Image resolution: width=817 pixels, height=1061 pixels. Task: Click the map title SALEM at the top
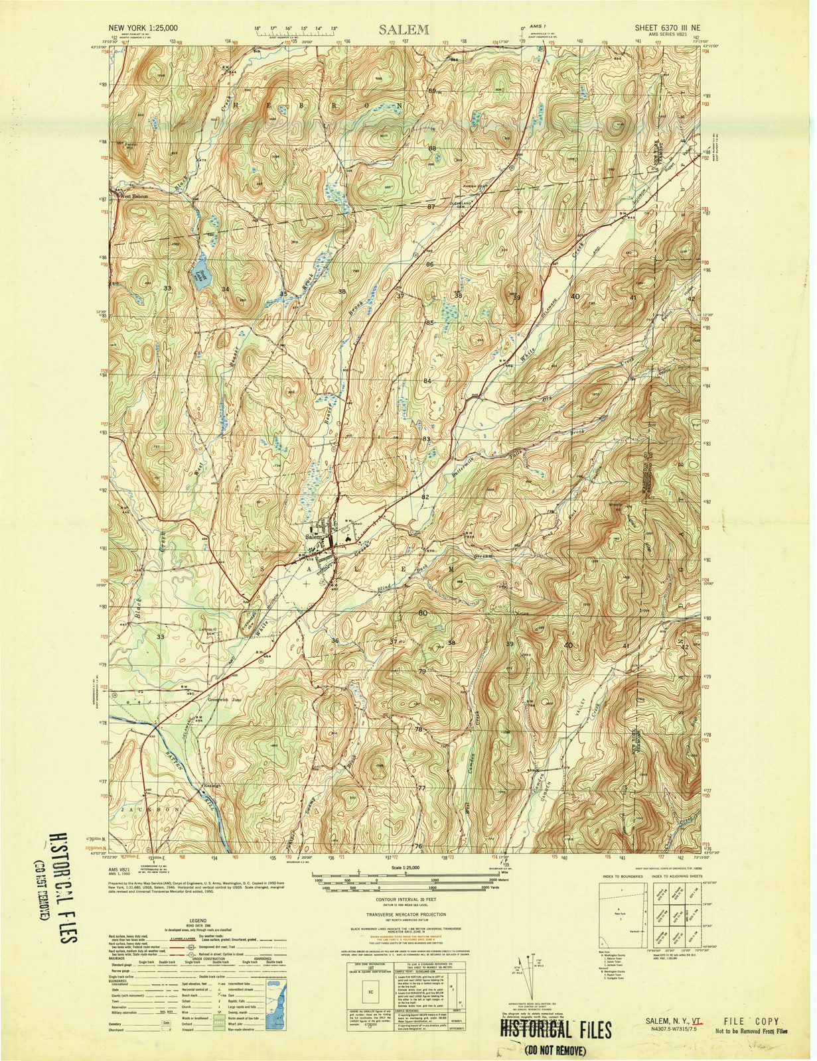[404, 29]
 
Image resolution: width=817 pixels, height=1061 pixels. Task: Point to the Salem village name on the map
[314, 536]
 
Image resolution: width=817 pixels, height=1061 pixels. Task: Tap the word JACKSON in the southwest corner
[151, 810]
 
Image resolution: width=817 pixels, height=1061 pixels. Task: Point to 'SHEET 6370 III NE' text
[668, 29]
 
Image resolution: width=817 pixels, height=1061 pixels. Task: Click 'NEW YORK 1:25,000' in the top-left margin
[143, 29]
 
